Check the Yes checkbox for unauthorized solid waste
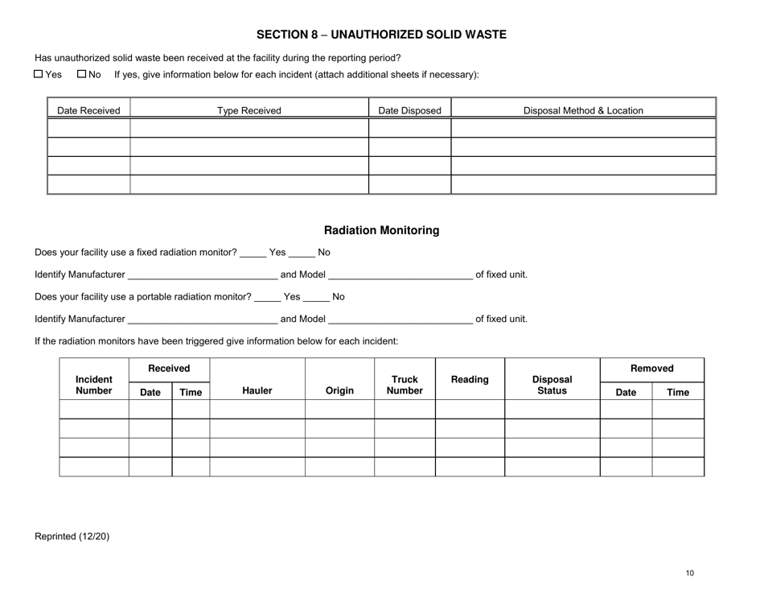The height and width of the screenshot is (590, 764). click(x=39, y=75)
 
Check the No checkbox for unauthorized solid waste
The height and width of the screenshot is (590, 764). click(x=81, y=75)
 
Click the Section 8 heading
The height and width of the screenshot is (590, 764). click(x=381, y=35)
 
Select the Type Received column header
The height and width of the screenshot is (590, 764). click(x=249, y=110)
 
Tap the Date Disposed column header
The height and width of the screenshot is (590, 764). click(x=409, y=110)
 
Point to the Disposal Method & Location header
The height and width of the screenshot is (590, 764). click(x=583, y=110)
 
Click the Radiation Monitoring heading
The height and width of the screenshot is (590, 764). click(x=381, y=230)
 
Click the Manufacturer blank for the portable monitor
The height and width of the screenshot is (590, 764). click(x=202, y=320)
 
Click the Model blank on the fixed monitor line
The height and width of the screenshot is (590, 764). click(x=400, y=276)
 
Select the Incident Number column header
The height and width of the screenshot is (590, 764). click(x=93, y=385)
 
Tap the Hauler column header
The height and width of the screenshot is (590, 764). click(x=257, y=391)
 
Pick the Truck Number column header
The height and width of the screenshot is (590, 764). click(x=404, y=385)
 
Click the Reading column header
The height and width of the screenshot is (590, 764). click(x=470, y=378)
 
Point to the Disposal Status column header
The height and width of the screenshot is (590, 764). click(x=552, y=385)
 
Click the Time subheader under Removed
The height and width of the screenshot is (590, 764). click(x=677, y=392)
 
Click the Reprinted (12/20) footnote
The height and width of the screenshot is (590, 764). click(x=72, y=536)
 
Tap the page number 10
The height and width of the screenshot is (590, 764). click(x=690, y=573)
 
